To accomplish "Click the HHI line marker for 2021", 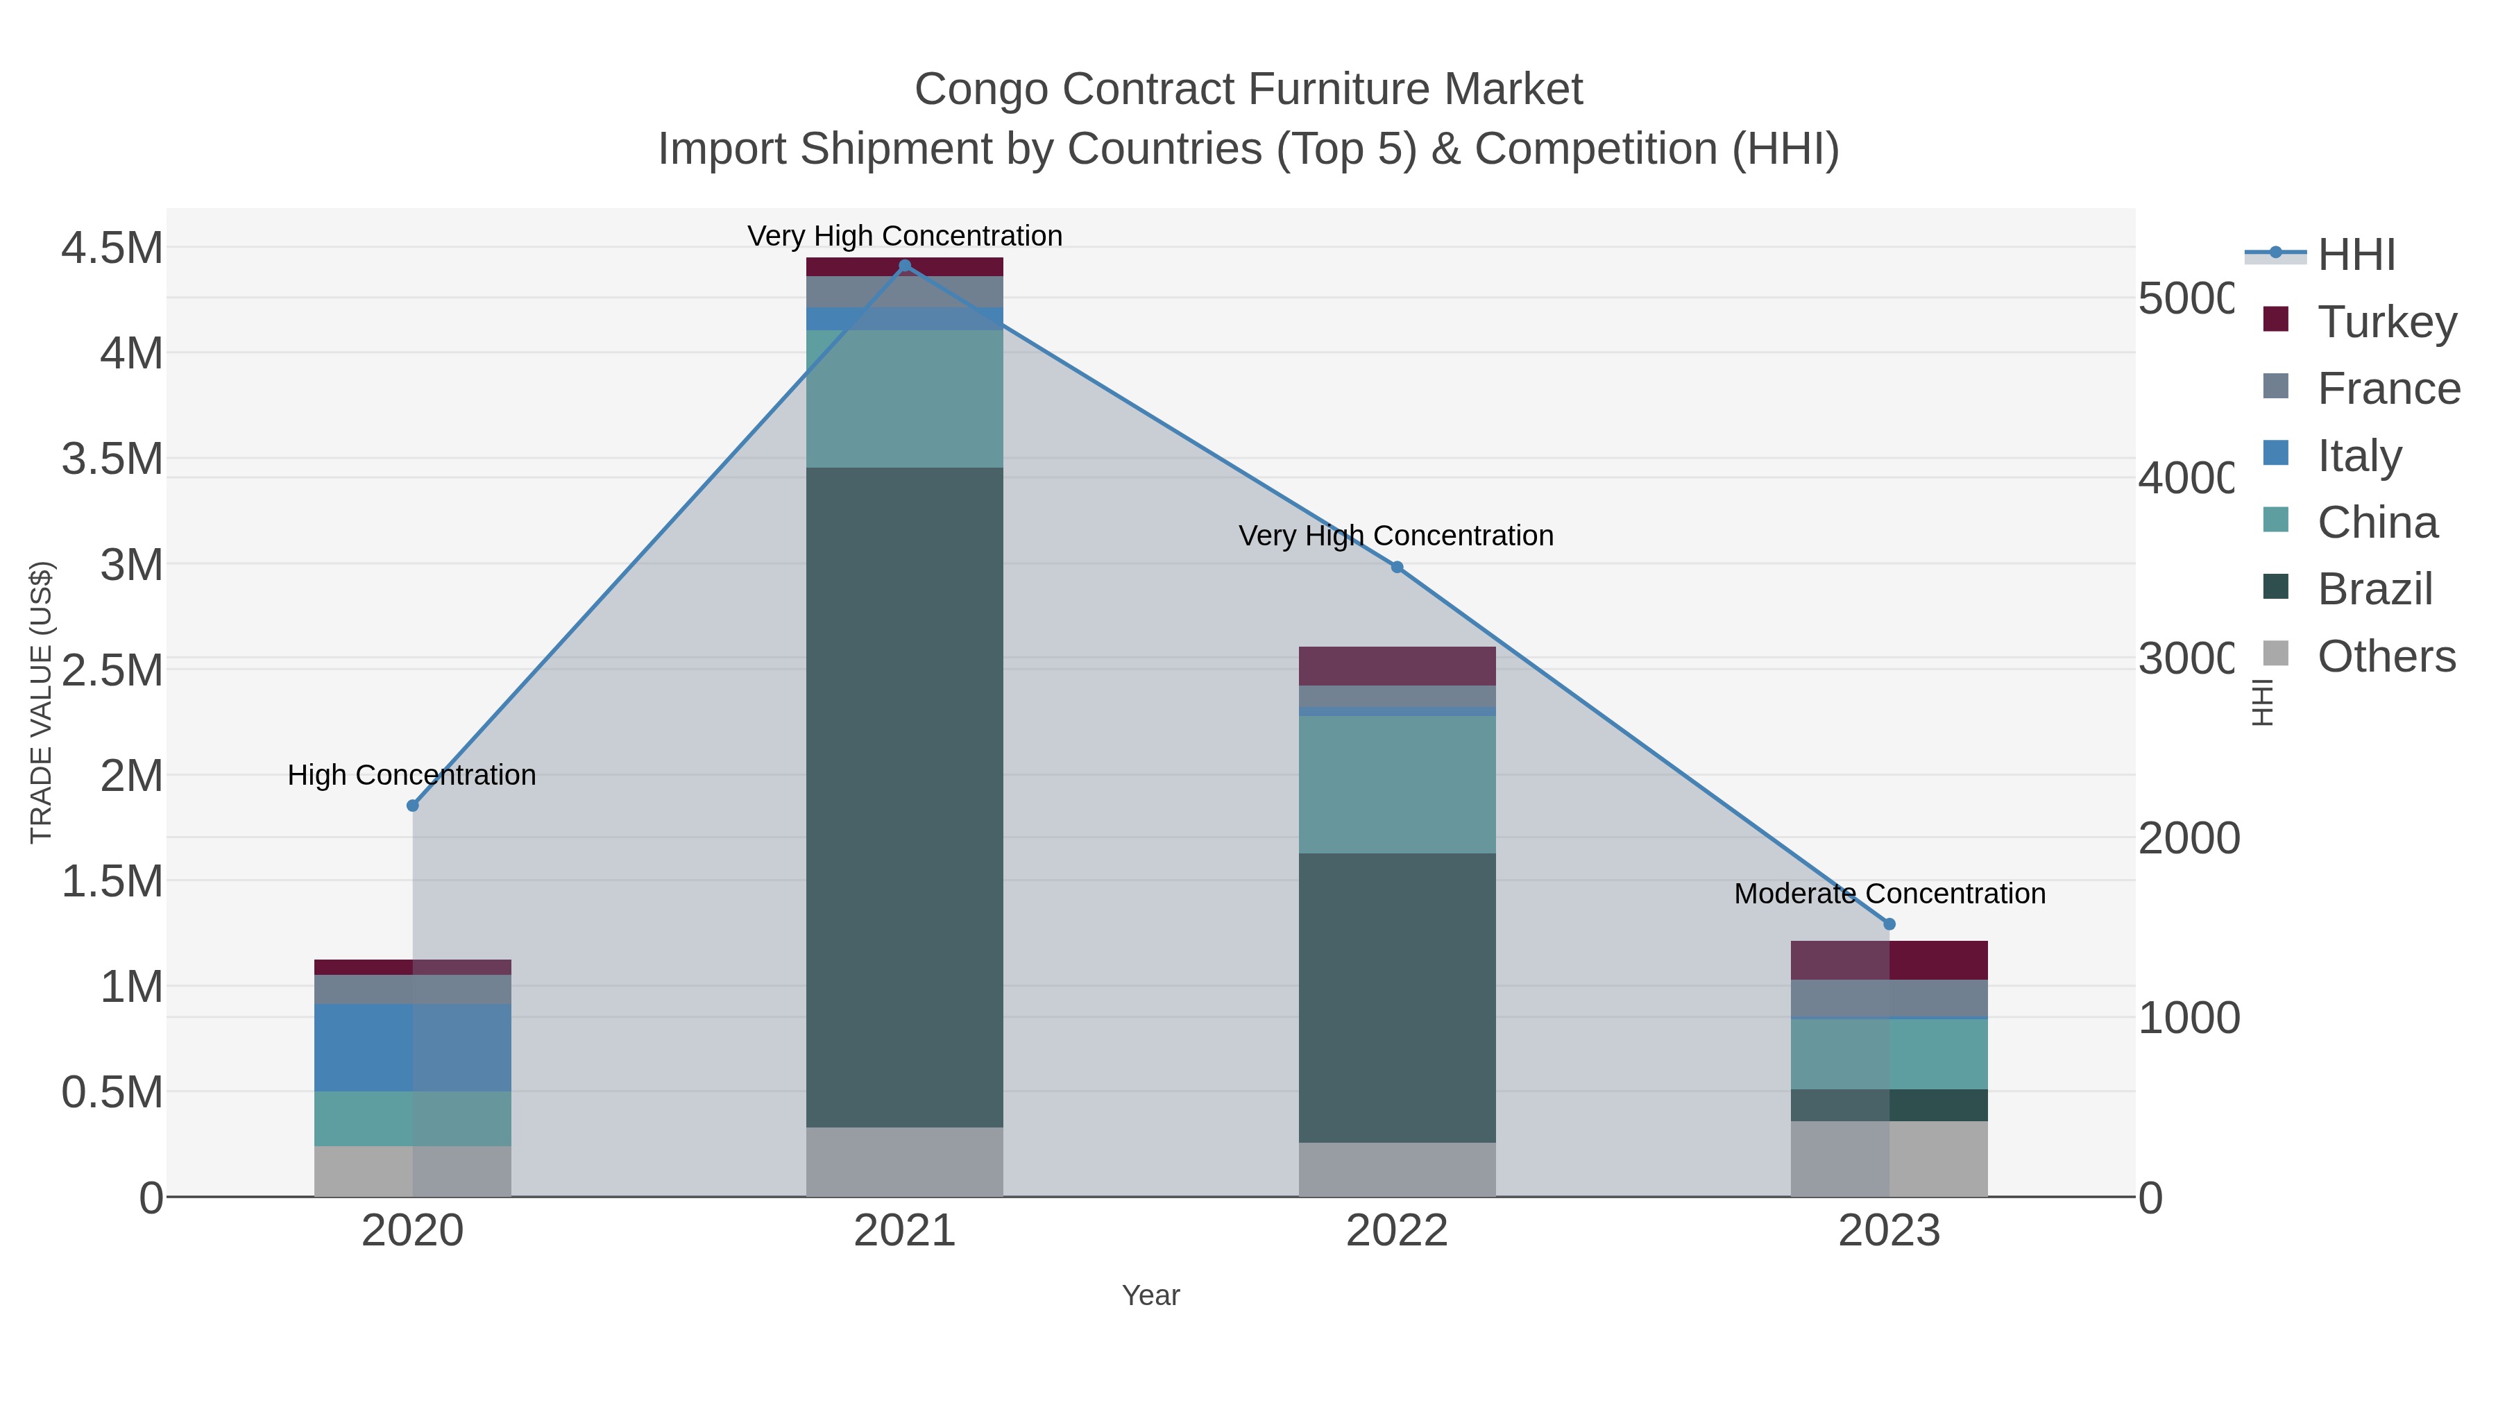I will point(905,266).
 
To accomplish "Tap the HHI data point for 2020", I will point(412,806).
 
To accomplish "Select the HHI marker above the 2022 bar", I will point(1396,568).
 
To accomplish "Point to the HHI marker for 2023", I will point(1889,924).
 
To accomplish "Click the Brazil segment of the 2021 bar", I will point(905,795).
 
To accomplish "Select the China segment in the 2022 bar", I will point(1396,783).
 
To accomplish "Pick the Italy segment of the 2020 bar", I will point(412,1047).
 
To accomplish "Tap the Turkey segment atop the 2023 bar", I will point(1889,960).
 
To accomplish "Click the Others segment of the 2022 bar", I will point(1396,1169).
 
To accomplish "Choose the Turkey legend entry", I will point(2386,322).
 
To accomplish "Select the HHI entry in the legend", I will point(2356,255).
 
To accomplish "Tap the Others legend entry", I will point(2386,656).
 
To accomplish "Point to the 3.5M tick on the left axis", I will point(112,459).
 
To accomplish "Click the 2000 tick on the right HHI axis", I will point(2189,839).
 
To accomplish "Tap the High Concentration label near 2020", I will point(412,776).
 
